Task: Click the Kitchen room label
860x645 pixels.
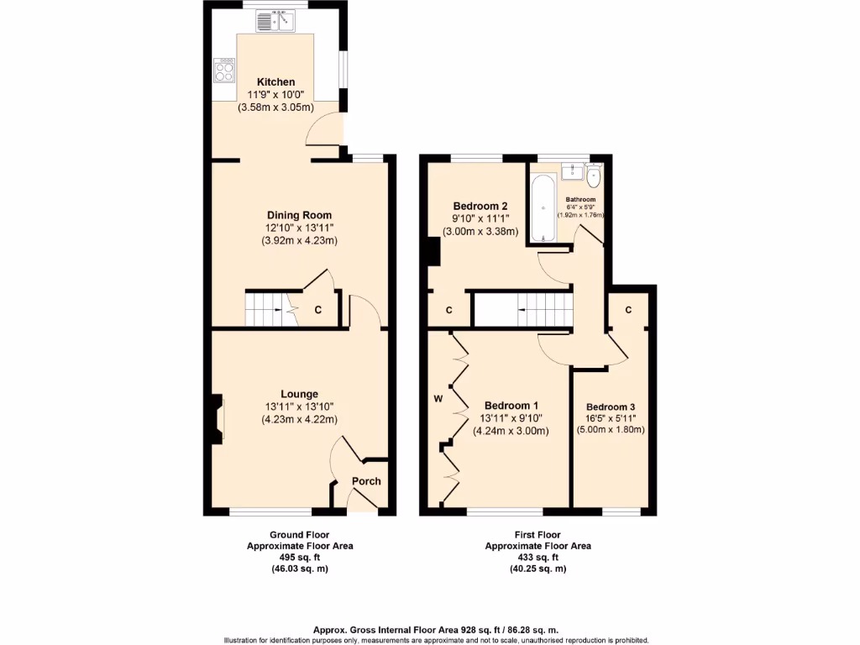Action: [275, 81]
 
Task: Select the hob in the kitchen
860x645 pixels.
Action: [224, 70]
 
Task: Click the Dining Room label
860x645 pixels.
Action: [299, 215]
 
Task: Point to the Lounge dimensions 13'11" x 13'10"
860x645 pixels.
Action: [299, 406]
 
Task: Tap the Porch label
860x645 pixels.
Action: [366, 481]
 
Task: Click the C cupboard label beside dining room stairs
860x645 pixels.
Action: [317, 310]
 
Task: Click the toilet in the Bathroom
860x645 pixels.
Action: [595, 176]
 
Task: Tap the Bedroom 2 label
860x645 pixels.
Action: [480, 206]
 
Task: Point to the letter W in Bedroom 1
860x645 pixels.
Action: [438, 398]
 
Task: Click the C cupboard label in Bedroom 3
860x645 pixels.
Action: [629, 310]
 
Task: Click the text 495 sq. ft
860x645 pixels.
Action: [299, 557]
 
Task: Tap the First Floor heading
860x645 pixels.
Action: [537, 534]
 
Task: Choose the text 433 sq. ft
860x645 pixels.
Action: [537, 557]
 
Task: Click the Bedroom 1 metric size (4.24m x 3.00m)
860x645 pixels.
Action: [514, 432]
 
